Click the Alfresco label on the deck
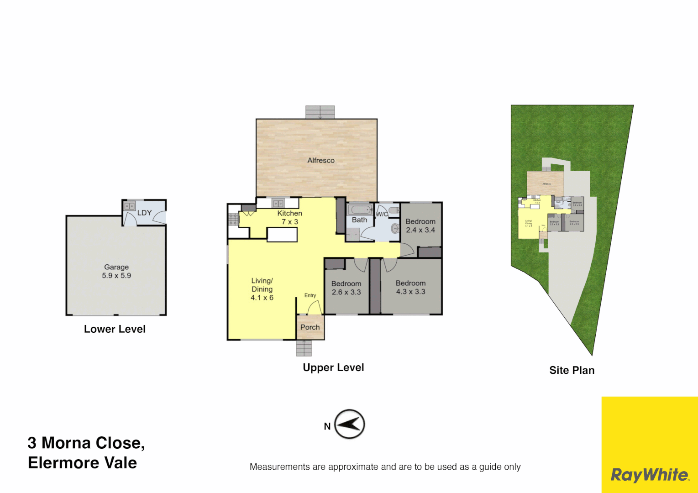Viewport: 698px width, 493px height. [x=320, y=160]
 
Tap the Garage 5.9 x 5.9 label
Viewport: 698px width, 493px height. [x=116, y=271]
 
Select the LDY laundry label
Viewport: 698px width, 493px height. [x=144, y=213]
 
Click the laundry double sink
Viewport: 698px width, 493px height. [x=129, y=206]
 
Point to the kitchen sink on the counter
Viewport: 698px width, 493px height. [x=278, y=203]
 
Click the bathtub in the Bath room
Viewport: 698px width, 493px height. [x=360, y=210]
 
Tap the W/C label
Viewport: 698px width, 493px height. [x=382, y=214]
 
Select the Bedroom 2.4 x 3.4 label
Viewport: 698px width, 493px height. [x=420, y=226]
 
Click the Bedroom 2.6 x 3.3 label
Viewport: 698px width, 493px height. [x=346, y=288]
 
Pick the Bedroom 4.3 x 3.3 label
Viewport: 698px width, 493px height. [x=410, y=288]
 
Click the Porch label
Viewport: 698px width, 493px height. [x=310, y=327]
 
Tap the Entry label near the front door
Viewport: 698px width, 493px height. [x=310, y=295]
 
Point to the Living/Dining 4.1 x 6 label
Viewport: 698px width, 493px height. [x=262, y=289]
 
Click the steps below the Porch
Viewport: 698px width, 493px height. [x=304, y=348]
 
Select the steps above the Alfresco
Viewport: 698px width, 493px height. [x=320, y=112]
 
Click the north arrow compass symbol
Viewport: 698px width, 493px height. [x=350, y=424]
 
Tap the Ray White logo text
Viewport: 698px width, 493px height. [x=650, y=475]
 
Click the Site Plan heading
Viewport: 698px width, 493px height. [x=572, y=370]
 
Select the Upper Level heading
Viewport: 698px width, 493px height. [x=333, y=367]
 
